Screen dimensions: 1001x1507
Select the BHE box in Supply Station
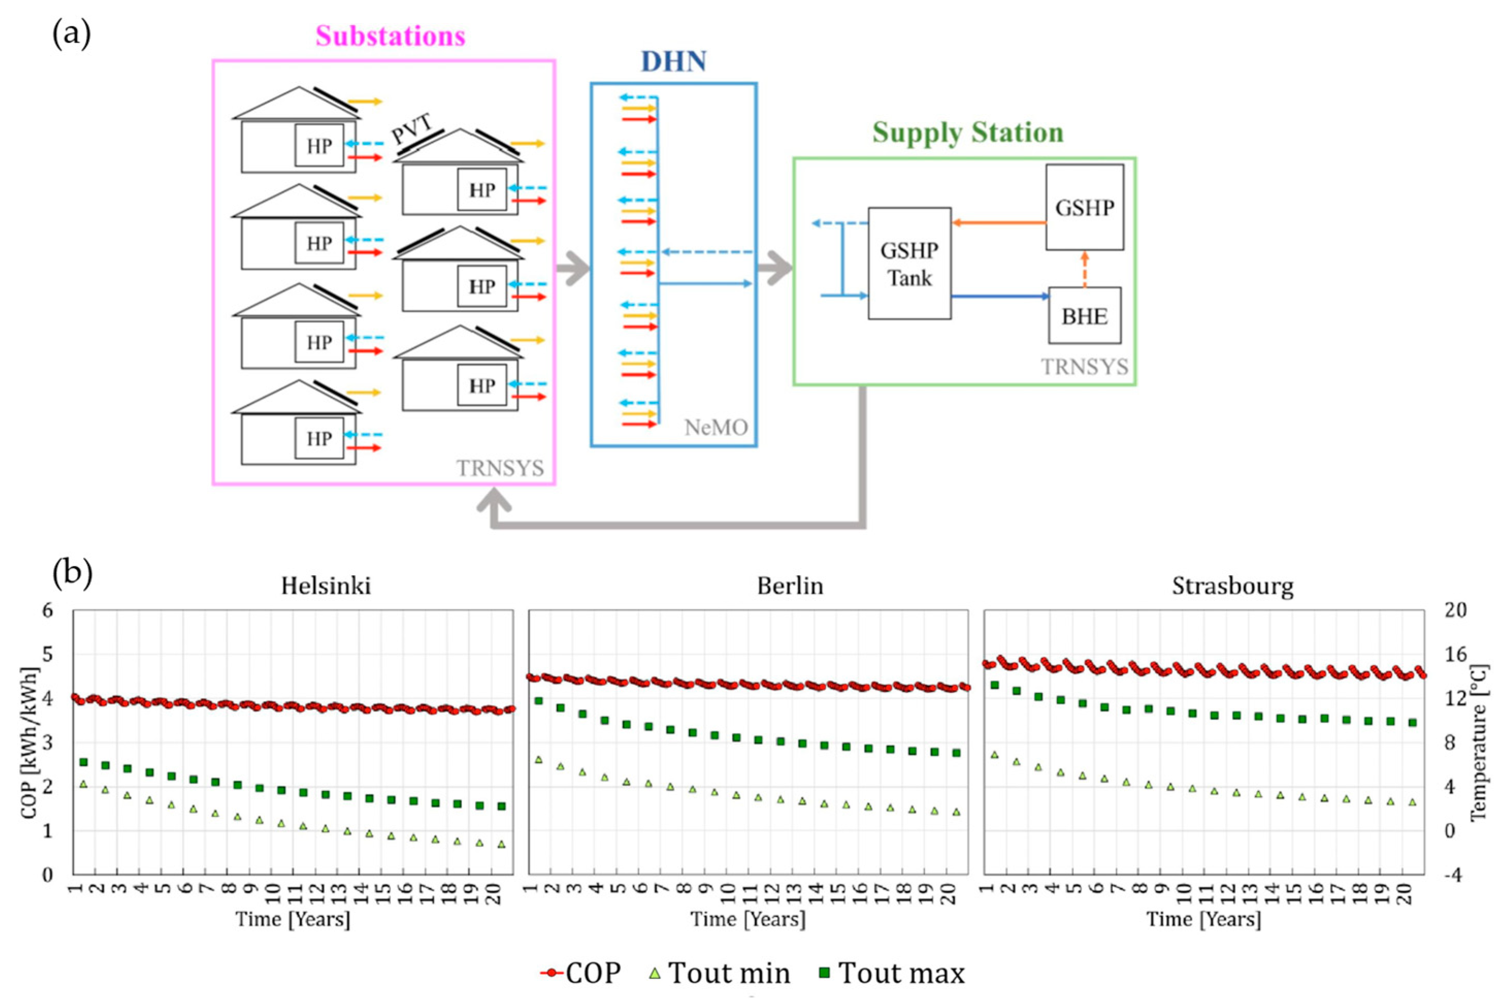[1084, 315]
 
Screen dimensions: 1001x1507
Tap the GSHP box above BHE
[1084, 208]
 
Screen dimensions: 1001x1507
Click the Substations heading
[390, 36]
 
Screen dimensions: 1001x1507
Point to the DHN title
[673, 61]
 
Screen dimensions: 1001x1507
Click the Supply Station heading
[968, 133]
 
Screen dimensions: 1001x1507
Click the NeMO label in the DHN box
[716, 427]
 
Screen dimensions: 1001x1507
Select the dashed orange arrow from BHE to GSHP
[1084, 268]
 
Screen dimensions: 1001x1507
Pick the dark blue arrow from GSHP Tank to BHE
[1000, 295]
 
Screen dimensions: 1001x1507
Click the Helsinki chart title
[325, 586]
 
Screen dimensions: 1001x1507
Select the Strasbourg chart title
[1233, 586]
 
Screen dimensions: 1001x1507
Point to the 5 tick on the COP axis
[47, 654]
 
